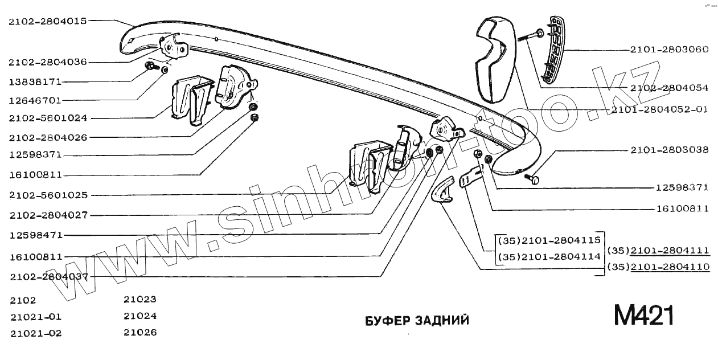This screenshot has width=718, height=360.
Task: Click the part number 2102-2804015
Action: click(x=48, y=22)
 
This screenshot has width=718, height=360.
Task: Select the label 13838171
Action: click(x=35, y=81)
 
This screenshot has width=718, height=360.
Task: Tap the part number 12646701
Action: click(x=35, y=100)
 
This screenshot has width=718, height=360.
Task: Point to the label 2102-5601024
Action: click(x=48, y=118)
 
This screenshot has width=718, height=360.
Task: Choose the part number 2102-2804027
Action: click(x=48, y=215)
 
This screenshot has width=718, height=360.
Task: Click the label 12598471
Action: click(x=35, y=235)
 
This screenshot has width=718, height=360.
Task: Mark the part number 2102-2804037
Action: click(x=48, y=276)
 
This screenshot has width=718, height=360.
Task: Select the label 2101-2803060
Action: click(x=669, y=50)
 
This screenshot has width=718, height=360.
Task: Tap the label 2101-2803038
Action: click(x=669, y=150)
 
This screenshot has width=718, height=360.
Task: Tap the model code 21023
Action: click(x=140, y=298)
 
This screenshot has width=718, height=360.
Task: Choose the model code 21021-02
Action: click(x=35, y=333)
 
